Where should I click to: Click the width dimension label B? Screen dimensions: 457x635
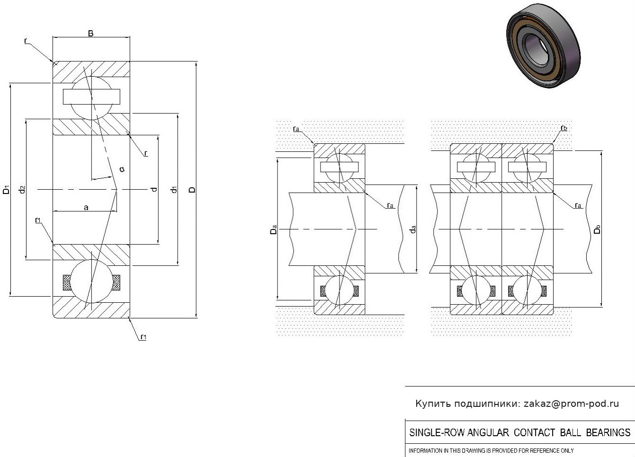pos(90,33)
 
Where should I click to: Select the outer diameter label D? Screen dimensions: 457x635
pos(192,190)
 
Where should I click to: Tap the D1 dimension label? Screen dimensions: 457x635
pos(6,190)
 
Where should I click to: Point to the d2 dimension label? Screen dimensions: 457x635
pos(21,190)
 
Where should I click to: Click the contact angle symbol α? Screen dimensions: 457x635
pos(122,169)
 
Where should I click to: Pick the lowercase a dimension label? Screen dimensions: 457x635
pos(86,207)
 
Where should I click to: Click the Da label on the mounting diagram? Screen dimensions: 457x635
pos(273,230)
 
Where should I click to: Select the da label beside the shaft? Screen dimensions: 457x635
pos(413,229)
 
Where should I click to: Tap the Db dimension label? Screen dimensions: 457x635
pos(597,229)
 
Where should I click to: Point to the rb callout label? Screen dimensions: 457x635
pos(563,128)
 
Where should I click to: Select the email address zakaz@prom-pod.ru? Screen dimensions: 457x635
pos(571,404)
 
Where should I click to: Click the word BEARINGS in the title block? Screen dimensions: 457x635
pos(608,432)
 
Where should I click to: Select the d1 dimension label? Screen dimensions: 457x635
pos(174,190)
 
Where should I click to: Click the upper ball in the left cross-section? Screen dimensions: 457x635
pos(91,97)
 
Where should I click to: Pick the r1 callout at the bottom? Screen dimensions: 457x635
pos(143,337)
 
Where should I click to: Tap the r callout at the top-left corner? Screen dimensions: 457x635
pos(26,41)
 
